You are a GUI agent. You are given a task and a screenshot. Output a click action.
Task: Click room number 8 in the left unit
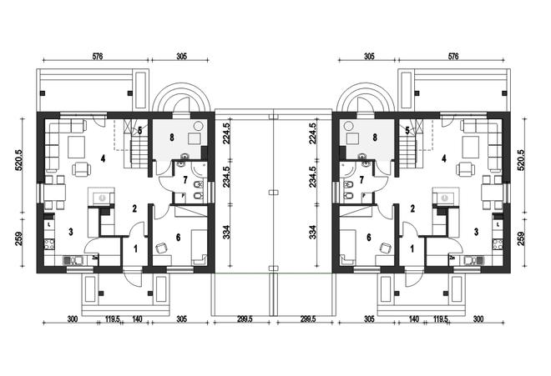(x=172, y=137)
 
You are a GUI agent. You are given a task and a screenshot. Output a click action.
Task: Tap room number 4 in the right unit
(x=444, y=158)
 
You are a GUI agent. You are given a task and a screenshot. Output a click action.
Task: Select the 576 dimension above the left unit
(x=98, y=56)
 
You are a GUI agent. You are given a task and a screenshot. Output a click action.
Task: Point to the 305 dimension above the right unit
(x=369, y=56)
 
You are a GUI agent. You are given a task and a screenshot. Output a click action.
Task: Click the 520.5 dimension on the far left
(x=18, y=160)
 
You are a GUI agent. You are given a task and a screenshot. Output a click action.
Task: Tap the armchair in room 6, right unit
(x=386, y=248)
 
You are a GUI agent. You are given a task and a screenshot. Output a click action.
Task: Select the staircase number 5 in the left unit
(x=140, y=131)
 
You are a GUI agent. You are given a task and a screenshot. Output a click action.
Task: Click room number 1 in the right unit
(x=412, y=249)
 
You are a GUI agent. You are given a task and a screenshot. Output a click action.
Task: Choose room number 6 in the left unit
(x=178, y=238)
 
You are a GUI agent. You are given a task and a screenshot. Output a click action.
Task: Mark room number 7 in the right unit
(x=361, y=180)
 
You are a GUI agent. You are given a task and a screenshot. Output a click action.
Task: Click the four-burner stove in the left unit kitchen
(x=49, y=244)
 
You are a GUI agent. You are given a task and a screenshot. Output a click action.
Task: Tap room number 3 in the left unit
(x=71, y=232)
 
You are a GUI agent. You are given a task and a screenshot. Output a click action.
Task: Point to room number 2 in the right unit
(x=412, y=208)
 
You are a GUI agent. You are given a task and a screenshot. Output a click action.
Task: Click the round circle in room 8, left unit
(x=199, y=126)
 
